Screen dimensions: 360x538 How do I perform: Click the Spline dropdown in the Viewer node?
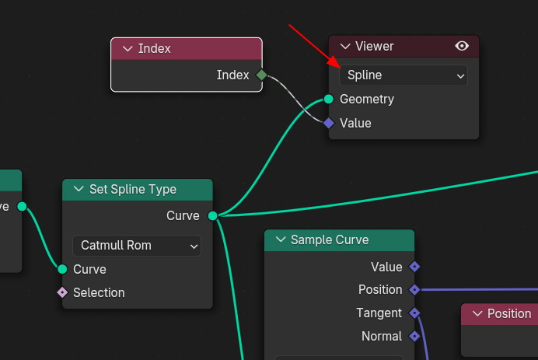403,75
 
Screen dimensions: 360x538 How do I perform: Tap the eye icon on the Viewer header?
462,46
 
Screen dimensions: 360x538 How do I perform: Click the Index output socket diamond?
261,75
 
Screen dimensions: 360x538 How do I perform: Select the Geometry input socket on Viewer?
329,99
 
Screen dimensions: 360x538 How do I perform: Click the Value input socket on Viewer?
329,123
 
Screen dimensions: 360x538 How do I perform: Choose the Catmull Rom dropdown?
136,246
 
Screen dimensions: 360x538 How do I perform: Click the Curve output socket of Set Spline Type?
212,215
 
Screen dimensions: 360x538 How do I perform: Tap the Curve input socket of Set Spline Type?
62,269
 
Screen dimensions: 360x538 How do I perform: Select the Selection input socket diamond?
62,292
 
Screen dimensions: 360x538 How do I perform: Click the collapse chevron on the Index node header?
128,49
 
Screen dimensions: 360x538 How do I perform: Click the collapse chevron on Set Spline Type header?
78,190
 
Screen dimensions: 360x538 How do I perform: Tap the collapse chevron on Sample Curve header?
280,240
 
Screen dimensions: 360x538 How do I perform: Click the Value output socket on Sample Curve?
414,267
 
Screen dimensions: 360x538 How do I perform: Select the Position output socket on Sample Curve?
414,289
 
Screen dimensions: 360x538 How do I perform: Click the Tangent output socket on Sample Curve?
414,313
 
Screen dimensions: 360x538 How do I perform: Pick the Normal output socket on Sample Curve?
414,336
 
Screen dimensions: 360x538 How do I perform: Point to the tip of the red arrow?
338,68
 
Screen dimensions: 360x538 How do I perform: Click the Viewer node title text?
374,46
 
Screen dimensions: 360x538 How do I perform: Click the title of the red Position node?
508,313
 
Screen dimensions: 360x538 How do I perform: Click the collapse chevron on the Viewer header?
344,47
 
